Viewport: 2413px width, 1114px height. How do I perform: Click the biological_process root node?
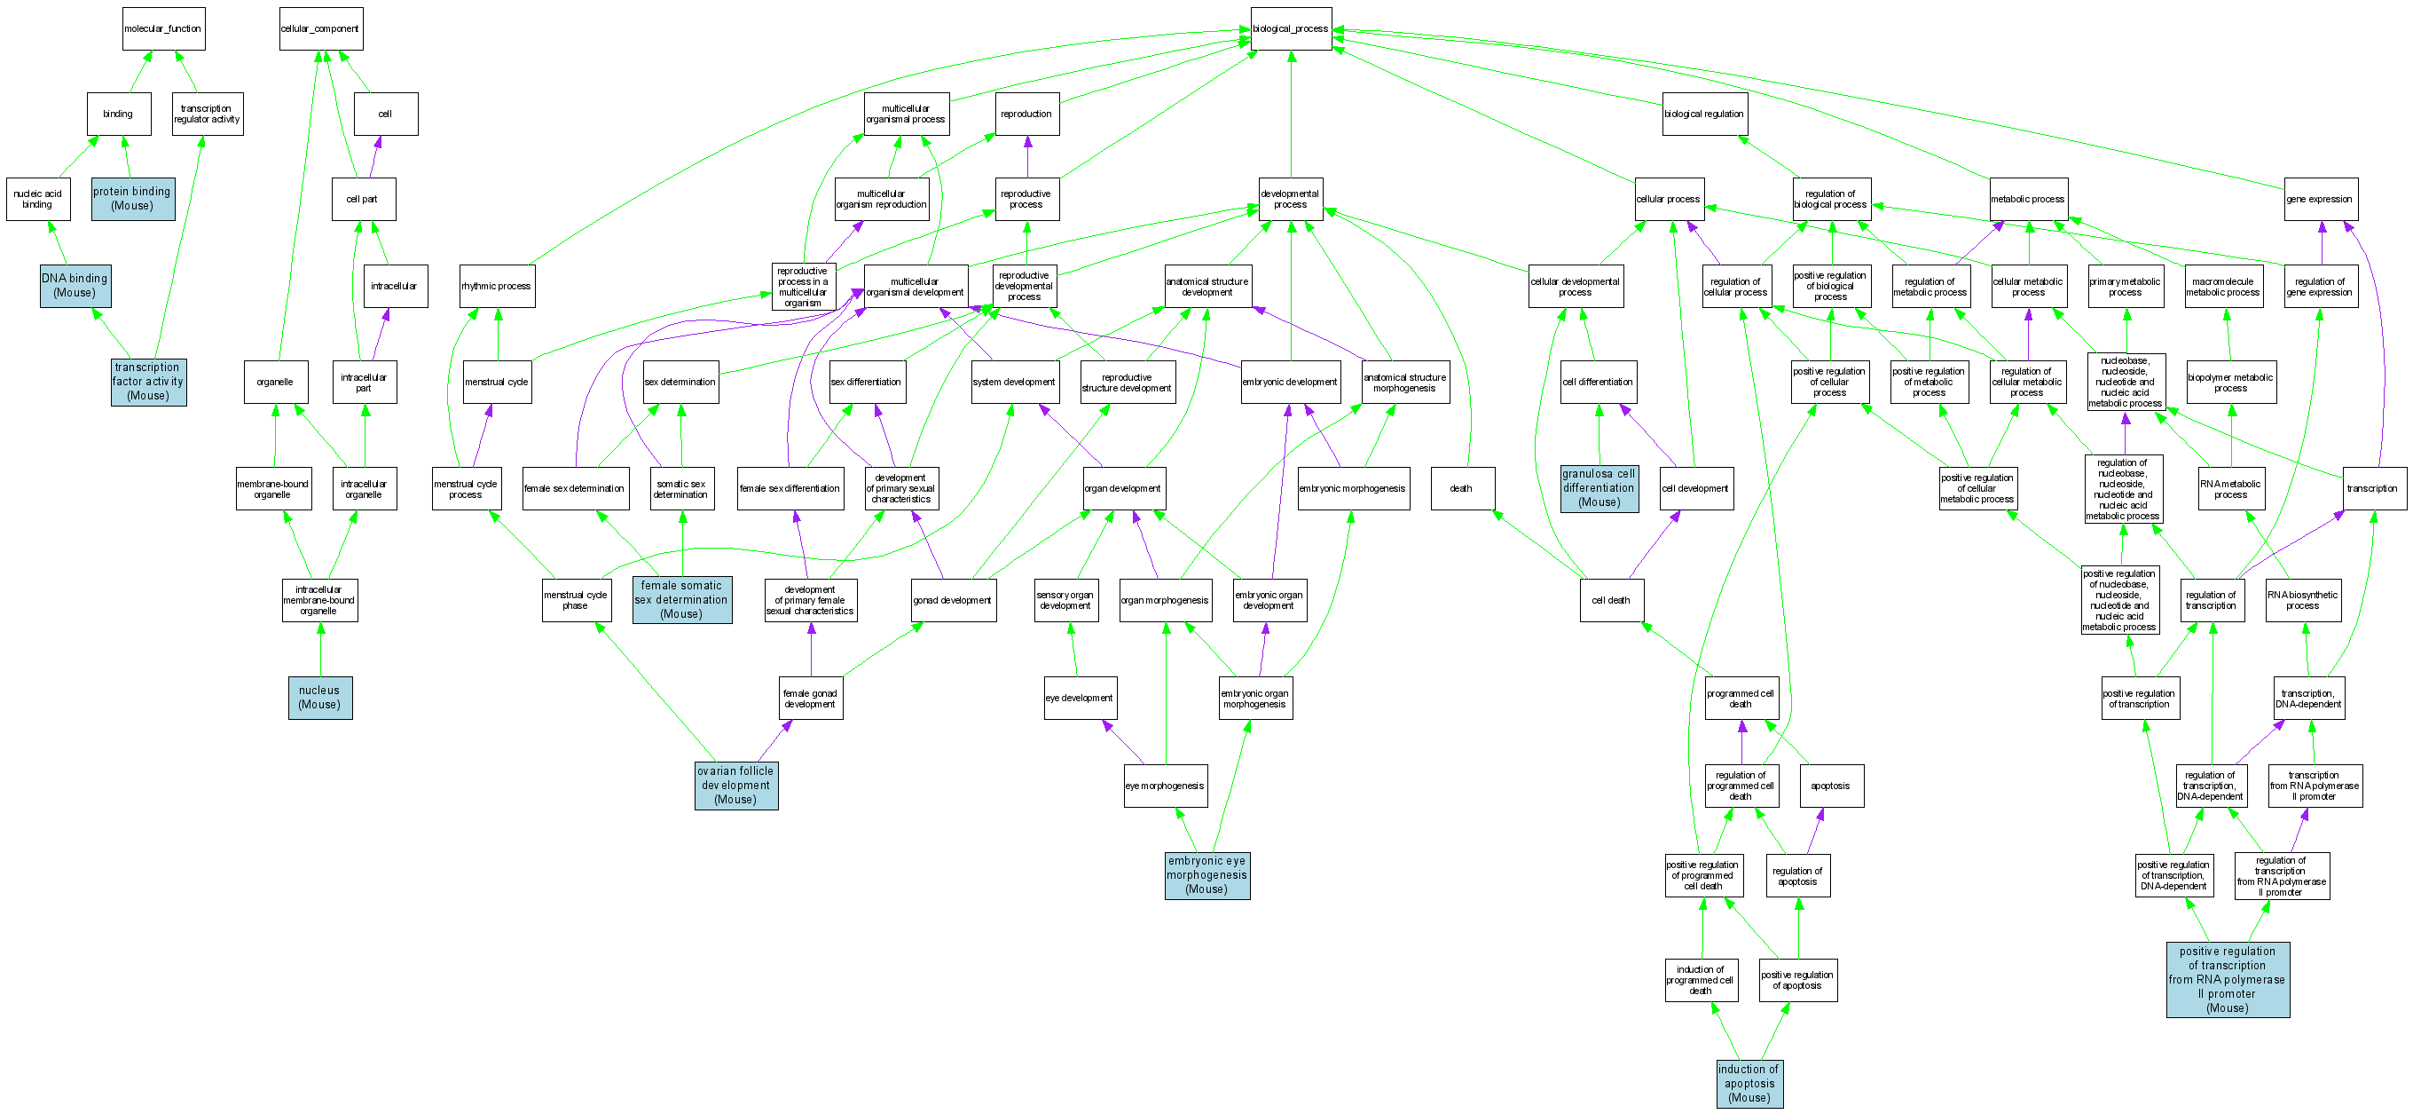tap(1290, 29)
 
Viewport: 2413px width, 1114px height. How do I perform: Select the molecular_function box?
tap(163, 29)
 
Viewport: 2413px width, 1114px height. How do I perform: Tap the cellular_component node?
tap(320, 29)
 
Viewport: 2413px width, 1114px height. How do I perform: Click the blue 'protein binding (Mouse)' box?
tap(132, 199)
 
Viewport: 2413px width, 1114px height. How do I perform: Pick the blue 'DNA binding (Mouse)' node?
tap(75, 286)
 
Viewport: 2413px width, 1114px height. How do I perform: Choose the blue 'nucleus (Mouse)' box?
tap(319, 698)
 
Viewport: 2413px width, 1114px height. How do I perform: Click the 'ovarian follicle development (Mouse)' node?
tap(735, 786)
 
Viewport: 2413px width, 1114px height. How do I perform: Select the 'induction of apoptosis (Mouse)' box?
tap(1749, 1083)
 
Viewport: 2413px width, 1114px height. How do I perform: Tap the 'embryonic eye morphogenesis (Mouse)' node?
tap(1206, 875)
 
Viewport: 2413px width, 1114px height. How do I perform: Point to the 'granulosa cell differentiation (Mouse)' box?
tap(1599, 488)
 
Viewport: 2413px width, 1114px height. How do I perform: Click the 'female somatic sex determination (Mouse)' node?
tap(681, 600)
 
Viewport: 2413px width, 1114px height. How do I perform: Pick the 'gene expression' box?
tap(2319, 200)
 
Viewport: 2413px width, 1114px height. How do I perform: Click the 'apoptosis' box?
tap(1830, 786)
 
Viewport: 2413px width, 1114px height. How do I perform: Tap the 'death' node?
tap(1461, 488)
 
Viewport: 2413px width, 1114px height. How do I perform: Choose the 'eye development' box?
tap(1079, 698)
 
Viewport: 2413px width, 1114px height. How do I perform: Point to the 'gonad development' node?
tap(953, 601)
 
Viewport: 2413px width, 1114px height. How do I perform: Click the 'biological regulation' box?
tap(1704, 115)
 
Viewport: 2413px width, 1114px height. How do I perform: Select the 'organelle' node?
tap(275, 383)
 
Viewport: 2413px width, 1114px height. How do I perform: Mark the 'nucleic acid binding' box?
tap(37, 200)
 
